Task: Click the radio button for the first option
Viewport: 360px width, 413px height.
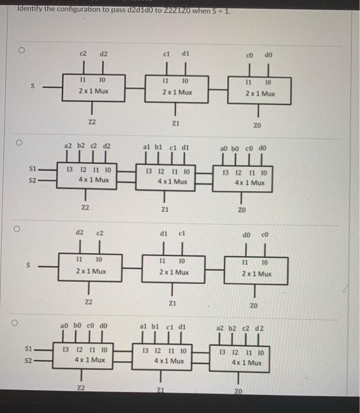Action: coord(20,51)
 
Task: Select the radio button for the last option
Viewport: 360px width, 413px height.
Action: coord(20,323)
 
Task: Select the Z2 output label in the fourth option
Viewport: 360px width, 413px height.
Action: coord(81,387)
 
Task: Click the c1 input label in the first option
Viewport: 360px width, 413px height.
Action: coord(166,54)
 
